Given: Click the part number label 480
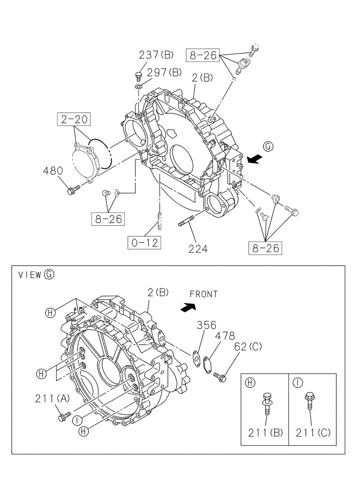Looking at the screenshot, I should (53, 171).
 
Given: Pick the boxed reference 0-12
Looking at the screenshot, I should (145, 242).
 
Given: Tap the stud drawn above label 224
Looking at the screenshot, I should (187, 223).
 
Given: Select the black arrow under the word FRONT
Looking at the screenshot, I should (187, 307).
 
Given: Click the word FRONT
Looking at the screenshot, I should (203, 294).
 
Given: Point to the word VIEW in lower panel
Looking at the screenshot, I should (30, 275).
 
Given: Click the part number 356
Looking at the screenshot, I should (206, 325).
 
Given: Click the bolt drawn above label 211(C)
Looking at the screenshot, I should (308, 402).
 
